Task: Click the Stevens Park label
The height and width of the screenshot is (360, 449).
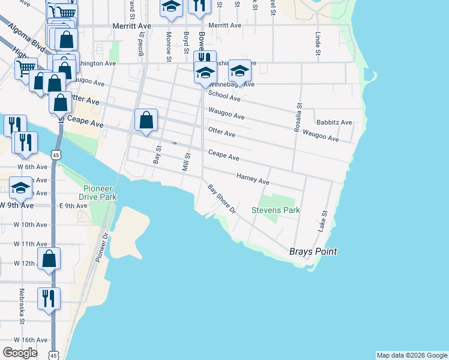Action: pos(276,211)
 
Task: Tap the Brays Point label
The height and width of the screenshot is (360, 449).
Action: pos(313,251)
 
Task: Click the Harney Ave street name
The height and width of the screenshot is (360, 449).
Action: pos(253,178)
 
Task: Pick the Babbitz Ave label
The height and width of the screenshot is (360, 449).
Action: pos(334,122)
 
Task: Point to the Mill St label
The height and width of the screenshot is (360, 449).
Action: pos(186,161)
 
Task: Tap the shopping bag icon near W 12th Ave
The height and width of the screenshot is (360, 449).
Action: pos(49,259)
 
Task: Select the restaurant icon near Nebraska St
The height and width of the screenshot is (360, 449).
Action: pos(49,298)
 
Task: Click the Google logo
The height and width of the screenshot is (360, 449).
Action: pos(20,353)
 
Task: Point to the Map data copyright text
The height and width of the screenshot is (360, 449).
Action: pos(412,355)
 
